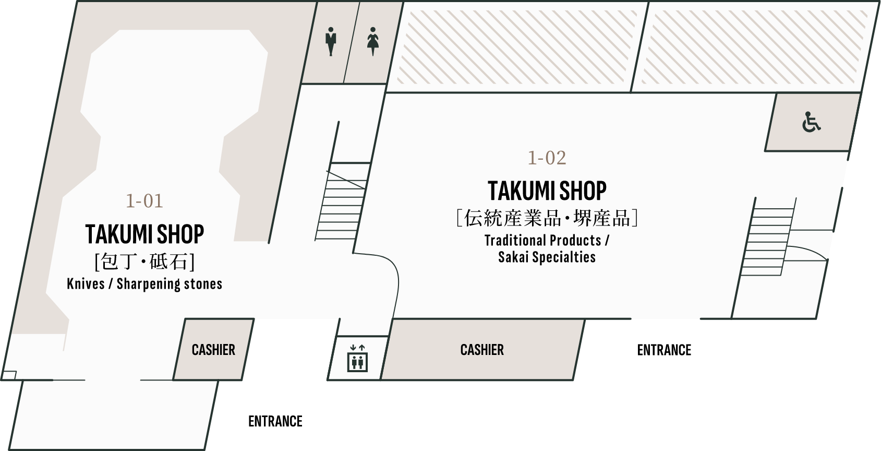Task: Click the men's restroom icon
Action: click(331, 41)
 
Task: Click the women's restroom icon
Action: click(373, 41)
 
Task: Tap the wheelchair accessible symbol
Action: click(811, 122)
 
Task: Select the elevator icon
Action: click(357, 358)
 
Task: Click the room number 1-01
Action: click(144, 201)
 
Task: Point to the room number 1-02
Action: click(547, 158)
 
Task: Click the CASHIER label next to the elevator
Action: click(482, 349)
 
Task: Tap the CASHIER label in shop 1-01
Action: click(213, 349)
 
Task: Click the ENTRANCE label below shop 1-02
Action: click(664, 350)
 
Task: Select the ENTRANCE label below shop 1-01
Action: click(275, 421)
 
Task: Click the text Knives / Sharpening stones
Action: click(144, 284)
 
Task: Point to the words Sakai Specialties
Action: click(547, 257)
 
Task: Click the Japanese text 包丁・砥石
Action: click(144, 262)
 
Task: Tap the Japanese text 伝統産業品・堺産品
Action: click(547, 218)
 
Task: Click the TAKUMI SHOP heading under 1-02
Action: click(547, 191)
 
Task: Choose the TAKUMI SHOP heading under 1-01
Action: click(144, 234)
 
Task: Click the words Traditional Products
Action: click(543, 240)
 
